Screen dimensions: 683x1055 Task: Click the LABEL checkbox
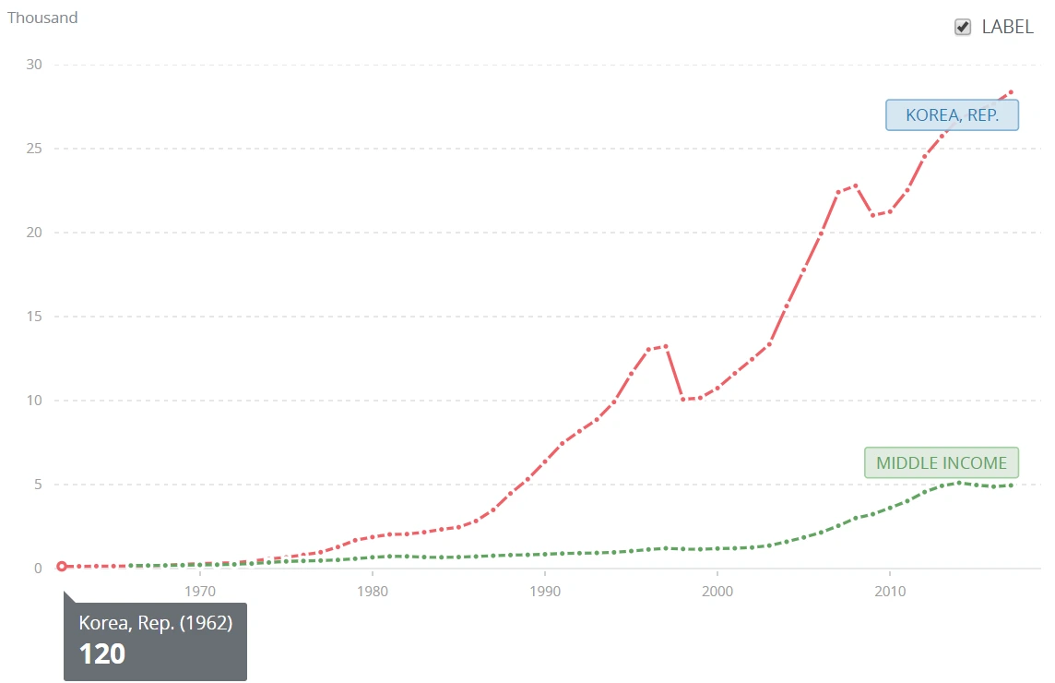(x=963, y=28)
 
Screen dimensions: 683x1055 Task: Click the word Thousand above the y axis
(x=42, y=18)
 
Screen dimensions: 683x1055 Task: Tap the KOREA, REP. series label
(x=952, y=115)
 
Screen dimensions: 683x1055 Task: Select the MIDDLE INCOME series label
(x=942, y=463)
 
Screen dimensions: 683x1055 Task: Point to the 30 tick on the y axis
(x=34, y=65)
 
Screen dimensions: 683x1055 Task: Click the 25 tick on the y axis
(x=34, y=149)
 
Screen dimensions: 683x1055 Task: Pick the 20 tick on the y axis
(x=34, y=233)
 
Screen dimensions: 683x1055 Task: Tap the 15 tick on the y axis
(x=34, y=317)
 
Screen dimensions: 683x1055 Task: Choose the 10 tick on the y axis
(x=34, y=401)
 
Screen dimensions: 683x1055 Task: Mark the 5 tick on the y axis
(x=38, y=485)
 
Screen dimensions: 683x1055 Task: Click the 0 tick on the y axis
(x=38, y=569)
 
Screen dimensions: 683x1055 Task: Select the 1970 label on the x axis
(x=200, y=591)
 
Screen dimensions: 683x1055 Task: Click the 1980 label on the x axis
(x=373, y=591)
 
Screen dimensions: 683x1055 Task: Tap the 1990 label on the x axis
(x=545, y=591)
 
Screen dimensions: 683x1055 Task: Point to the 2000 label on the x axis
(x=717, y=591)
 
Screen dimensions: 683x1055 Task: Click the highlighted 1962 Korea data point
(x=62, y=566)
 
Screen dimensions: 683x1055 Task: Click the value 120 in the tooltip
(x=101, y=653)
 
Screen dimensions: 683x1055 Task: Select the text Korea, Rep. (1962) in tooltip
(x=155, y=623)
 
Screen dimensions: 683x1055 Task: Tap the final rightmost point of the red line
(x=1011, y=92)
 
